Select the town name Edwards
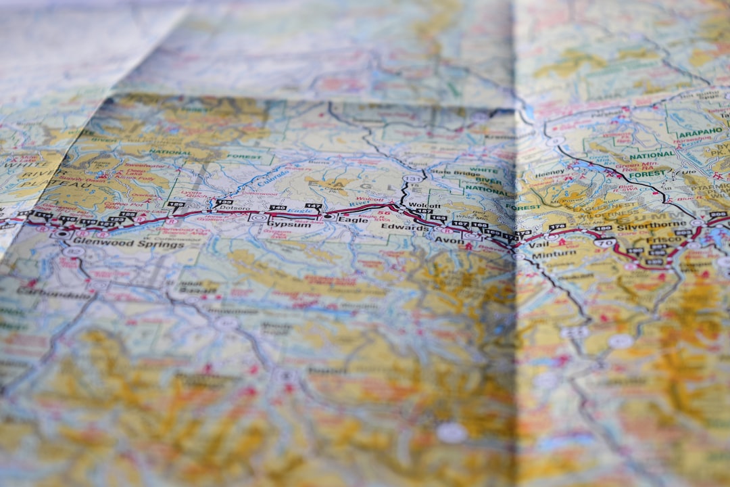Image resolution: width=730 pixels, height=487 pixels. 405,227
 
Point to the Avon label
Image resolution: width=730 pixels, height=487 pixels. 449,239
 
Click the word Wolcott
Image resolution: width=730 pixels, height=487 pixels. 424,206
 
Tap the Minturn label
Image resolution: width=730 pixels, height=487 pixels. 554,254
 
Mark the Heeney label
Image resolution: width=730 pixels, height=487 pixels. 550,174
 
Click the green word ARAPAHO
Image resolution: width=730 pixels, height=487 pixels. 700,134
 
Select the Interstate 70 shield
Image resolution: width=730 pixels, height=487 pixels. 605,243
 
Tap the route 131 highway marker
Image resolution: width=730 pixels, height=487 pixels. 411,179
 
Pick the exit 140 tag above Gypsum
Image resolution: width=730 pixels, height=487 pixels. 277,208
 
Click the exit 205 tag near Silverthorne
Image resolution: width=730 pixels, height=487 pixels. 717,215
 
